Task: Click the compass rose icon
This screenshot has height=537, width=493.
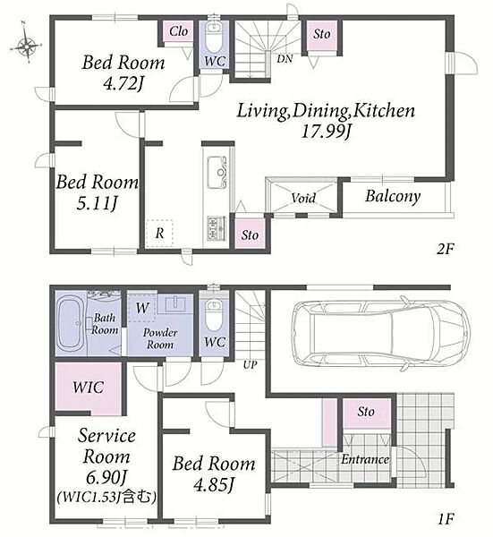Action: click(26, 43)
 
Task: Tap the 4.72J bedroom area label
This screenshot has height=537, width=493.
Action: click(123, 83)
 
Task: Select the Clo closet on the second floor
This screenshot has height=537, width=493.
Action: click(178, 32)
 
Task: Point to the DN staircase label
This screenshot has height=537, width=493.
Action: click(285, 59)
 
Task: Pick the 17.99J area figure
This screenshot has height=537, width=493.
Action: click(327, 132)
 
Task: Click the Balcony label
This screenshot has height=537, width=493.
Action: click(393, 197)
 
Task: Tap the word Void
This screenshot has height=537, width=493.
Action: click(303, 198)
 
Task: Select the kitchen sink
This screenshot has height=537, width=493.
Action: click(217, 172)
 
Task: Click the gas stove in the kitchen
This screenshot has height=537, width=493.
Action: click(217, 228)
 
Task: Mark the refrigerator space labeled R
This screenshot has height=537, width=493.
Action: click(159, 234)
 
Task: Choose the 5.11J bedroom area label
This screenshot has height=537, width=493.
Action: click(97, 203)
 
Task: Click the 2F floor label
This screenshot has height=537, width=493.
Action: click(445, 250)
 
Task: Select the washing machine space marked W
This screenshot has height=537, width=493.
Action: click(141, 308)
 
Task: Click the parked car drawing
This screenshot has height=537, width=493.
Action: click(380, 334)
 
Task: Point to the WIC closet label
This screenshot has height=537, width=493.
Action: click(88, 388)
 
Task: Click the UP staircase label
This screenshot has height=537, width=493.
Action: click(250, 365)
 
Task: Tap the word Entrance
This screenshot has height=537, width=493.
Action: click(365, 459)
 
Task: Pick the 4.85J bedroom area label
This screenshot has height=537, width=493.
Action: click(214, 485)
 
